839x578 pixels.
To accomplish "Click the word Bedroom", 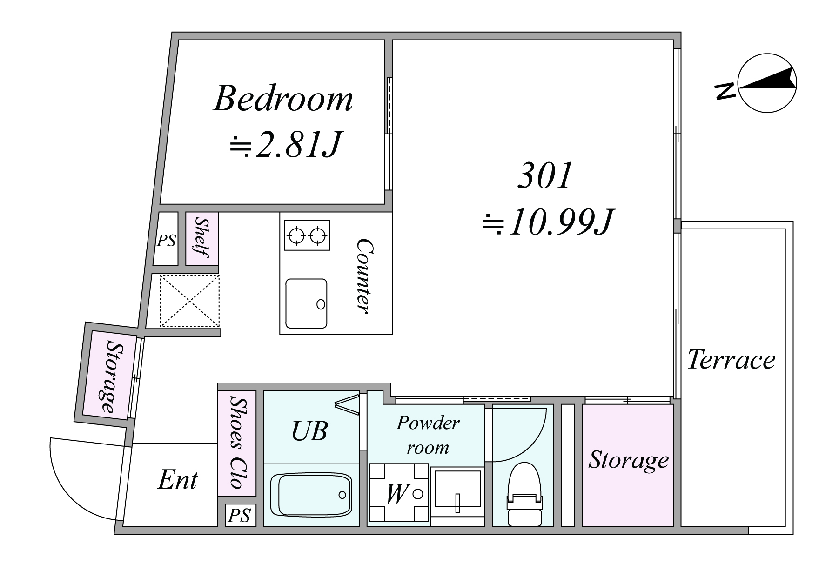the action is coord(283,99).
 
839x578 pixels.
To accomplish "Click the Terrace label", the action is coord(732,360).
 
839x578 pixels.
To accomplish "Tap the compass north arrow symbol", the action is coord(767,84).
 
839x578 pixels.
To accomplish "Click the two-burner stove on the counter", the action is coord(307,235).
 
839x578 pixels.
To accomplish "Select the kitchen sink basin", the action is coord(306,303).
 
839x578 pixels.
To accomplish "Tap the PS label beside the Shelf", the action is coord(166,241).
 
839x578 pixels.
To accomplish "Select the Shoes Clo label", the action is coord(237,443).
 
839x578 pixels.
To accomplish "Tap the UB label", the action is coord(309,431).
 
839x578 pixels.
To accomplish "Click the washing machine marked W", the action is coord(399,493).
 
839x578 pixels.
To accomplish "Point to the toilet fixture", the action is coord(524,494).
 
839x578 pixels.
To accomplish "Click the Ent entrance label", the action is coord(178,480).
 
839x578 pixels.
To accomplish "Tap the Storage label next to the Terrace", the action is coord(629,460).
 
